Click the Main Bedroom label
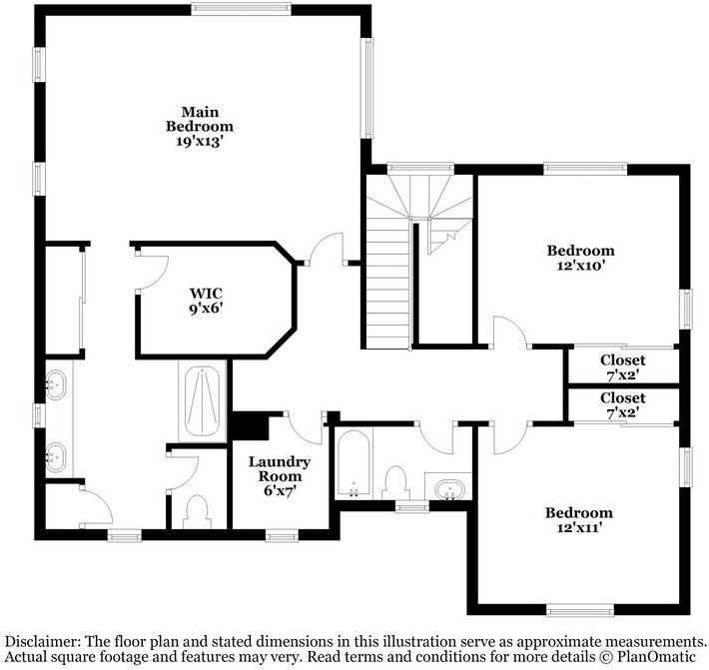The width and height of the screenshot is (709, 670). coord(200,119)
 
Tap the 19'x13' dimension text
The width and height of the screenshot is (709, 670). coord(200,142)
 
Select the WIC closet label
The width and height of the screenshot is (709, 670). coord(206,294)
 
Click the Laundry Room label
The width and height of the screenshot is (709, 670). coord(279,469)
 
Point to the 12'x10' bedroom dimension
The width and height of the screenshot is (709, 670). coord(580,266)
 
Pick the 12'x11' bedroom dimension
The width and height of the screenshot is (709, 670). coord(578,528)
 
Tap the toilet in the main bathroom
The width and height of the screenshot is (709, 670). coord(195,511)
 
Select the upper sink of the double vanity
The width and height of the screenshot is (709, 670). coord(56,382)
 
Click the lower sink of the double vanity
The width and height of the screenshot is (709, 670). coord(56,458)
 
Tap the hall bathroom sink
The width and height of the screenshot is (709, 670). coord(448,490)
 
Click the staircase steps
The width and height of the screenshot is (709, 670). coord(386,290)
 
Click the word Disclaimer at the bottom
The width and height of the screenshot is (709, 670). coord(43,641)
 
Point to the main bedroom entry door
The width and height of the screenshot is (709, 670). coord(328,249)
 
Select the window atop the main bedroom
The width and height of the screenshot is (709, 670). coord(242,11)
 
